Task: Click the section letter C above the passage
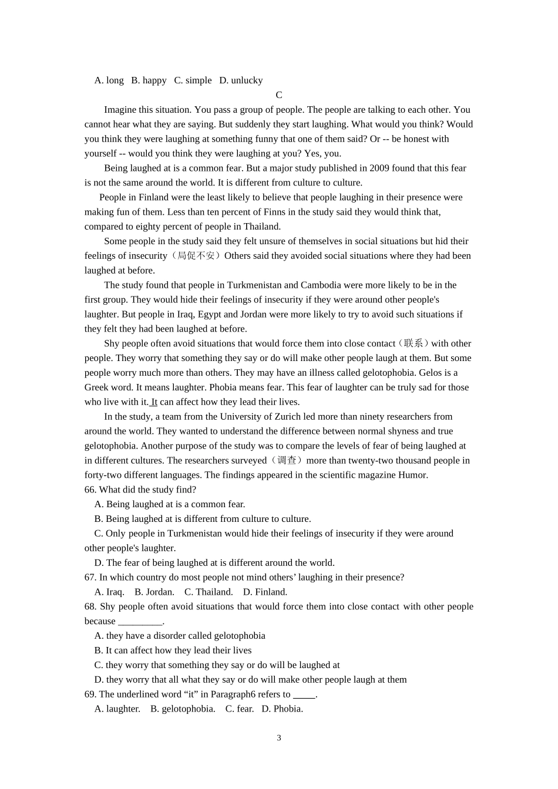(279, 95)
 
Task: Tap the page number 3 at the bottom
(279, 738)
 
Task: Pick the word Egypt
(210, 315)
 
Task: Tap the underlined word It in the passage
(154, 402)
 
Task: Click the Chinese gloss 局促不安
(196, 256)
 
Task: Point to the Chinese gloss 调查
(286, 461)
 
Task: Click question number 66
(90, 490)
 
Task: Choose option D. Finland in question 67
(265, 592)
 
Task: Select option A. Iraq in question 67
(109, 592)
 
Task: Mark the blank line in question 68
(140, 622)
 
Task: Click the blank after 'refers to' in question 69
(304, 695)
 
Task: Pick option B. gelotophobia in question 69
(183, 709)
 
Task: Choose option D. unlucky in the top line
(241, 80)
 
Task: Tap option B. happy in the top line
(149, 80)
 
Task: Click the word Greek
(96, 387)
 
